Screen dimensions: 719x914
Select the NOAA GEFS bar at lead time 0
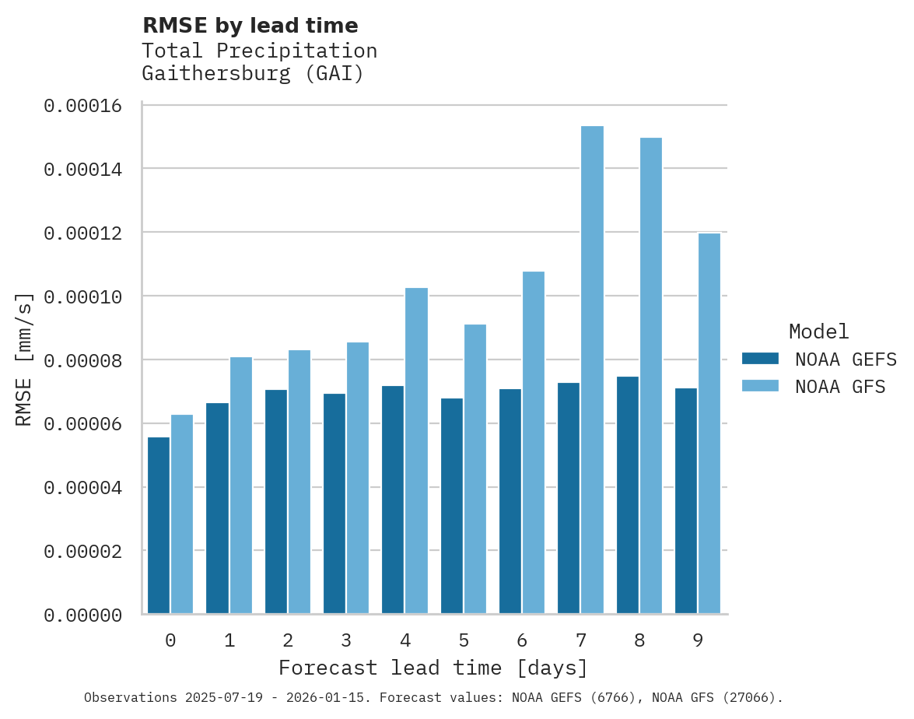coord(159,525)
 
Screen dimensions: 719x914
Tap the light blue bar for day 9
coord(709,423)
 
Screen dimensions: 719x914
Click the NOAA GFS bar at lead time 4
coord(416,451)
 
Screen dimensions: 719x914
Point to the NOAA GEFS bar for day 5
coord(452,506)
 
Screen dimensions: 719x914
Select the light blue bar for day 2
coord(299,482)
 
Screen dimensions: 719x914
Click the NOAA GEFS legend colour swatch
coord(760,359)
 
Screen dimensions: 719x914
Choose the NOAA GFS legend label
coord(840,386)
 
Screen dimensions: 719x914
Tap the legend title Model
coord(818,331)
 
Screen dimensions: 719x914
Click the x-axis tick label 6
coord(522,640)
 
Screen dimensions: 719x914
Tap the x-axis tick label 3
coord(346,640)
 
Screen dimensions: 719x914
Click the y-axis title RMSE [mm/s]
coord(24,359)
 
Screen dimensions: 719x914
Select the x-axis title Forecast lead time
coord(433,668)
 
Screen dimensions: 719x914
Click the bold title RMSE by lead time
coord(250,26)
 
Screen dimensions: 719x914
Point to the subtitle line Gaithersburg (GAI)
coord(253,75)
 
